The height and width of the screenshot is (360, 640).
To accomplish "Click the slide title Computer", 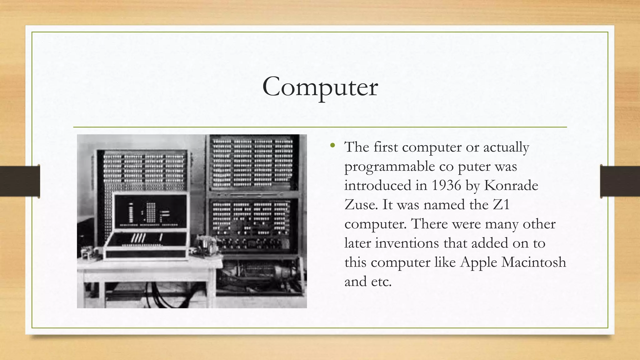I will [320, 87].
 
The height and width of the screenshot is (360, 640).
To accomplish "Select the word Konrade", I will [511, 185].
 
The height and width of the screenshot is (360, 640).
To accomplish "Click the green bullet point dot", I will [332, 145].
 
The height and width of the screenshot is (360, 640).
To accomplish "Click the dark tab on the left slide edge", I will [20, 181].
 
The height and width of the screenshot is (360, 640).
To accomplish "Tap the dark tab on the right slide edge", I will [620, 181].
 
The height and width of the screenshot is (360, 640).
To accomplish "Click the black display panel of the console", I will [150, 211].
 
